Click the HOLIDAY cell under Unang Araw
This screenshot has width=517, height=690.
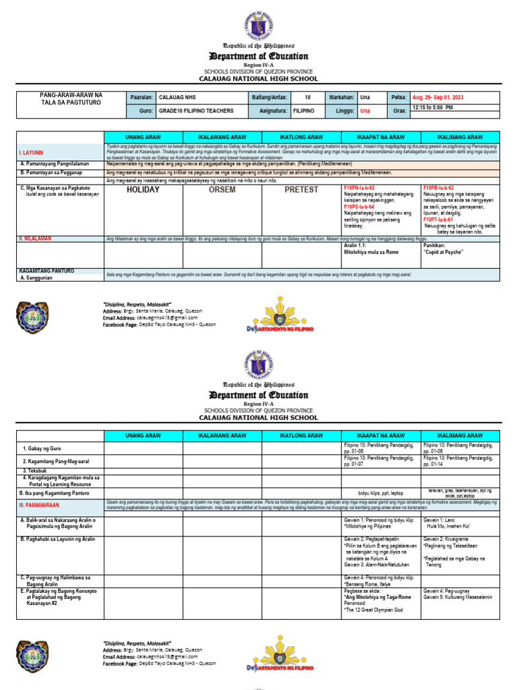(x=143, y=190)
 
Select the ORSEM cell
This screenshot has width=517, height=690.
(x=221, y=190)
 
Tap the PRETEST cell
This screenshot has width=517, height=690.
(x=301, y=190)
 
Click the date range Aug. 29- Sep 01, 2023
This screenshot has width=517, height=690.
(x=438, y=98)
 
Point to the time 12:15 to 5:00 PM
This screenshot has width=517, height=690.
(x=432, y=108)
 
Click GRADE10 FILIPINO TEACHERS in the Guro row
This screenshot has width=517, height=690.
(x=196, y=111)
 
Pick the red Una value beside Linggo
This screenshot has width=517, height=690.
(x=365, y=111)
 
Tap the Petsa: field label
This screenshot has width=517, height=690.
(x=399, y=98)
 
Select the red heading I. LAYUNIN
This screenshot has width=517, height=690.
(x=31, y=153)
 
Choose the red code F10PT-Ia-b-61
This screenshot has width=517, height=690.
(x=438, y=220)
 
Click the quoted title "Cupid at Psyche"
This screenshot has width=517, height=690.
(x=444, y=253)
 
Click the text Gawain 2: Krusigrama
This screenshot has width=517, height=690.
(x=446, y=540)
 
